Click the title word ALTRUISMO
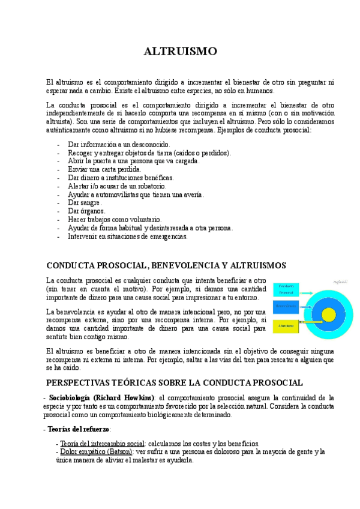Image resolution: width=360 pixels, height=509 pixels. point(180,52)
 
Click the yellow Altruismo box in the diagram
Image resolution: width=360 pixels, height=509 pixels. point(286,326)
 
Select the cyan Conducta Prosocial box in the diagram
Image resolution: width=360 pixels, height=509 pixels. point(286,289)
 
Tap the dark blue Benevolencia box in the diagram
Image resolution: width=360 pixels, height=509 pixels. point(286,306)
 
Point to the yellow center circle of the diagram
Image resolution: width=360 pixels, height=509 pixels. point(329,314)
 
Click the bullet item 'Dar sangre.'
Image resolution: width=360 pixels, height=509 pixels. point(85,203)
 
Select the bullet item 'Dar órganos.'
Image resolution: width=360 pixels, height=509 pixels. point(87,211)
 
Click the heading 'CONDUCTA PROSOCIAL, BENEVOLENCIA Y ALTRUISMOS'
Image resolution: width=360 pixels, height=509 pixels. point(166,265)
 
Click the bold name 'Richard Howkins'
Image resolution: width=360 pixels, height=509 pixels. point(124,397)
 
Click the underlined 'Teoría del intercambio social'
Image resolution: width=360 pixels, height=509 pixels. point(103,443)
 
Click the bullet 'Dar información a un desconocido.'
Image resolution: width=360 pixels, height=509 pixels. point(119,145)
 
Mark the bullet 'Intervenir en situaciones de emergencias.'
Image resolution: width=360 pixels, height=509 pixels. point(128,236)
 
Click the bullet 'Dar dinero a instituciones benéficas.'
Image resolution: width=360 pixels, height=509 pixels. point(121,178)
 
